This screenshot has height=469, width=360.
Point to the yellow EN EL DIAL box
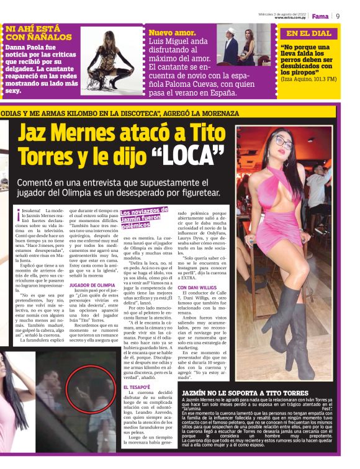tap(309, 33)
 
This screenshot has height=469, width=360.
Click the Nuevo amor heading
tap(173, 32)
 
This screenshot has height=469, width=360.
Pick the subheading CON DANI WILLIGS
tap(197, 288)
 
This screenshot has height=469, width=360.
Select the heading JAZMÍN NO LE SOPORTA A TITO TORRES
tap(245, 394)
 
